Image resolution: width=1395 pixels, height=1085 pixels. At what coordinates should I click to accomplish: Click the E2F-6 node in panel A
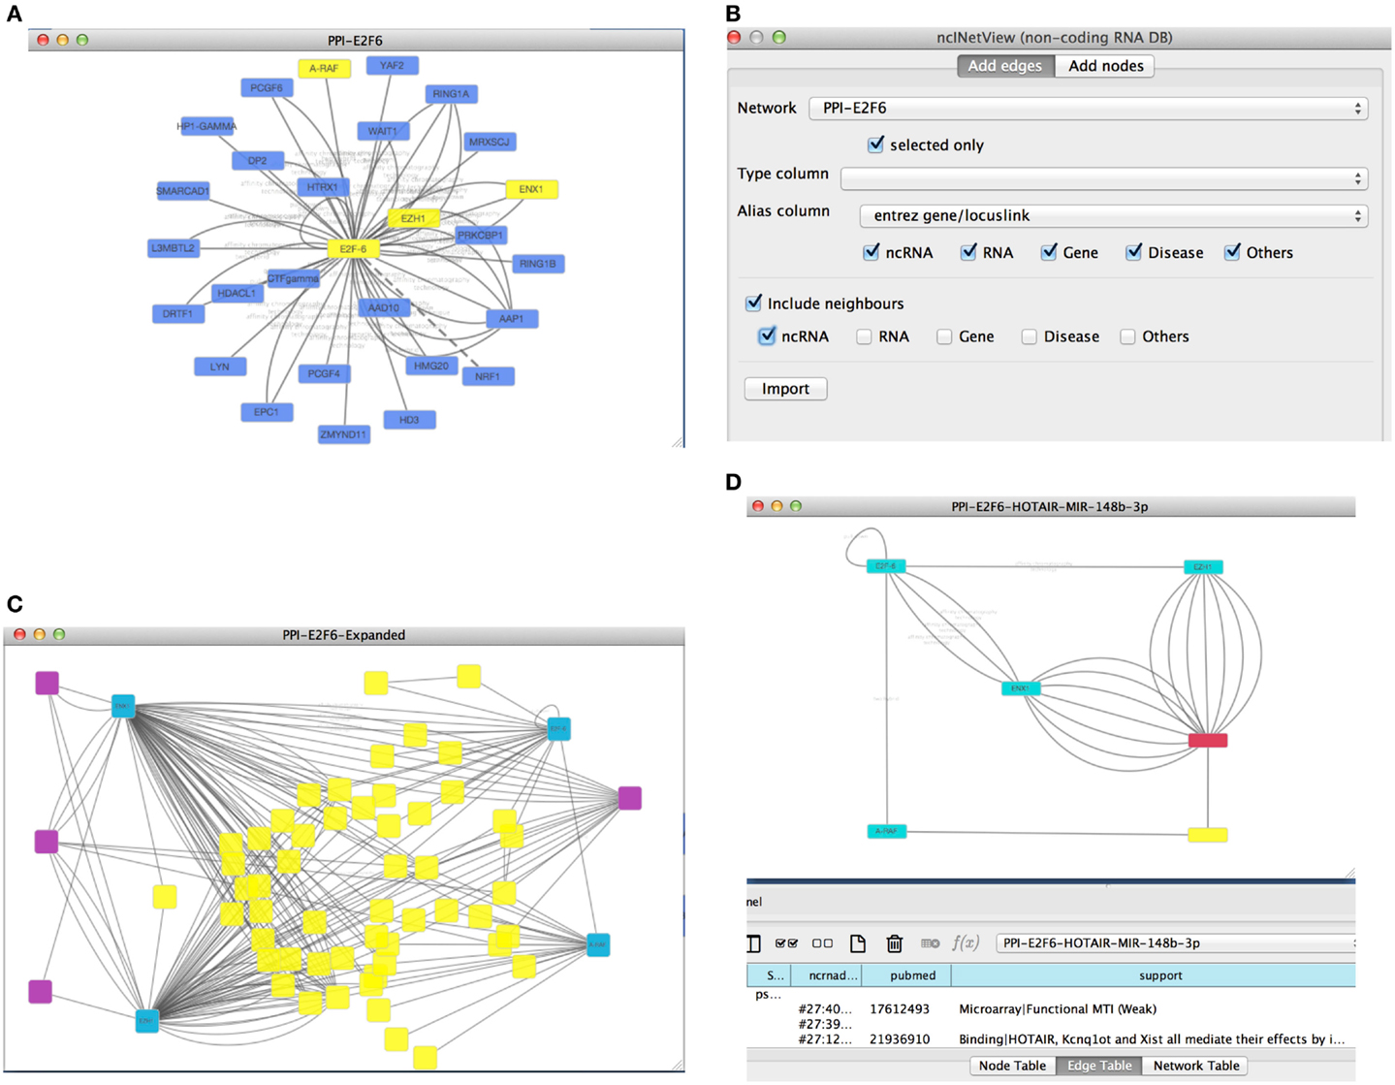(353, 249)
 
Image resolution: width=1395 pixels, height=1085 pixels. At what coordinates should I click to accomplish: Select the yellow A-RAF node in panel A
(324, 69)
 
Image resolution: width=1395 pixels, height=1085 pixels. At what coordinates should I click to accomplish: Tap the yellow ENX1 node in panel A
(531, 189)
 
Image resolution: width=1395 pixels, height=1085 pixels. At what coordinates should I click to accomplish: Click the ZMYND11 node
(344, 434)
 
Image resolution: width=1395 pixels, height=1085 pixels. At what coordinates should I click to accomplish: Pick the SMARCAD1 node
(182, 191)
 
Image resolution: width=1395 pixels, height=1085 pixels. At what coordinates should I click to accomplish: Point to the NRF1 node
(488, 376)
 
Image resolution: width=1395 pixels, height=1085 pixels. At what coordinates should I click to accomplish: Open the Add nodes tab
(1105, 66)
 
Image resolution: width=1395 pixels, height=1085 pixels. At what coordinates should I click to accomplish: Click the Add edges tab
(1004, 66)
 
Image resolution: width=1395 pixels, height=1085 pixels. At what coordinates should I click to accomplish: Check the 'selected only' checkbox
(876, 144)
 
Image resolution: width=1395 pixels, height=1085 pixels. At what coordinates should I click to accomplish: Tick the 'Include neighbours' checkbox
(753, 303)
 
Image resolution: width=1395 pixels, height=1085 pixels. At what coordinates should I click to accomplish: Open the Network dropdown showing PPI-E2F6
(1088, 108)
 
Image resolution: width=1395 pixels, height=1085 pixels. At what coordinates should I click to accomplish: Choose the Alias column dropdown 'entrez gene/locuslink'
(1113, 215)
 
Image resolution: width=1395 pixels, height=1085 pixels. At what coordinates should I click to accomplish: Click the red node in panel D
(1207, 741)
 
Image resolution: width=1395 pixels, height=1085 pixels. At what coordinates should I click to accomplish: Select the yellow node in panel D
(1207, 834)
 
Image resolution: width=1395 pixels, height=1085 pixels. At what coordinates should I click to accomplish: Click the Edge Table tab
(1098, 1066)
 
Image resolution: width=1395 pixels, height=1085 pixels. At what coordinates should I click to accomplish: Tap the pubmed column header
(912, 975)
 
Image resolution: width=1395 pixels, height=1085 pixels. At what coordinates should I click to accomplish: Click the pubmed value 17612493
(900, 1009)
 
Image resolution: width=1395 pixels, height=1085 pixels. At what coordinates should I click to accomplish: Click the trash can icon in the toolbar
(894, 943)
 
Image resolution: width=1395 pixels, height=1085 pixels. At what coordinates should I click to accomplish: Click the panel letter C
(15, 605)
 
